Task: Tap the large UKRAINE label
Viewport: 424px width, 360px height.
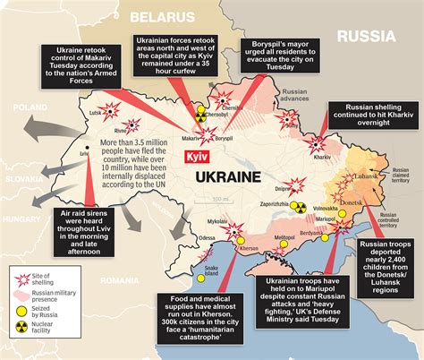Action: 229,177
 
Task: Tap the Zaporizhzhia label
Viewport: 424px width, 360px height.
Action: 278,204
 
